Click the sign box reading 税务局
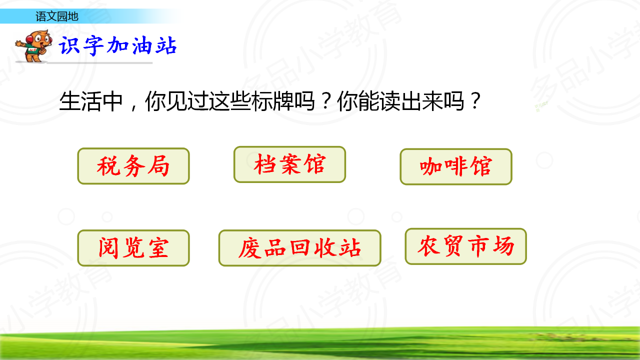pos(133,166)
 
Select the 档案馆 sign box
pos(289,164)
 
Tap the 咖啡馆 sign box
pos(456,166)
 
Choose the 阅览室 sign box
pos(133,248)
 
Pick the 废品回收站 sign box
pos(299,248)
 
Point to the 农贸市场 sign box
pos(465,246)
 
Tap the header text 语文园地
pos(57,16)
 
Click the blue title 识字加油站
pos(117,45)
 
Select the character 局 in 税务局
pos(158,165)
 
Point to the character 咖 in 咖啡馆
pos(430,166)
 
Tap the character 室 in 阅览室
pos(158,248)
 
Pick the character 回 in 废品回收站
pos(300,247)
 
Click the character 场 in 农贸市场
pos(503,245)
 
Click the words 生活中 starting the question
pos(91,101)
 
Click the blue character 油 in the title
pos(141,45)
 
